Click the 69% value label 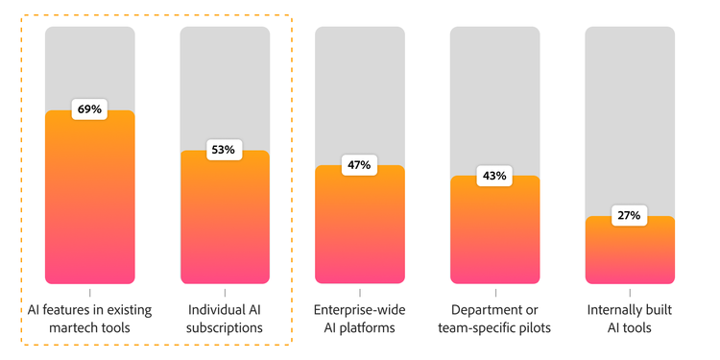pos(90,109)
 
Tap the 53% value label pos(225,150)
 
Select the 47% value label pos(360,165)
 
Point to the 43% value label pos(495,176)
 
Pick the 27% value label pos(630,216)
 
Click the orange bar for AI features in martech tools pos(90,202)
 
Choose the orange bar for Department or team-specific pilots pos(495,235)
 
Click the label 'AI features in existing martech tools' pos(90,319)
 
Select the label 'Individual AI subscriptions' pos(225,319)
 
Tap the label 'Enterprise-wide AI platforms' pos(360,319)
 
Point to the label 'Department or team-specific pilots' pos(495,319)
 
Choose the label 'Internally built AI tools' pos(630,319)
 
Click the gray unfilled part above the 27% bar pos(630,115)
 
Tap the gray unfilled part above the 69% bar pos(90,62)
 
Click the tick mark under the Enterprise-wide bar pos(360,292)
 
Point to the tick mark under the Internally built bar pos(630,292)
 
